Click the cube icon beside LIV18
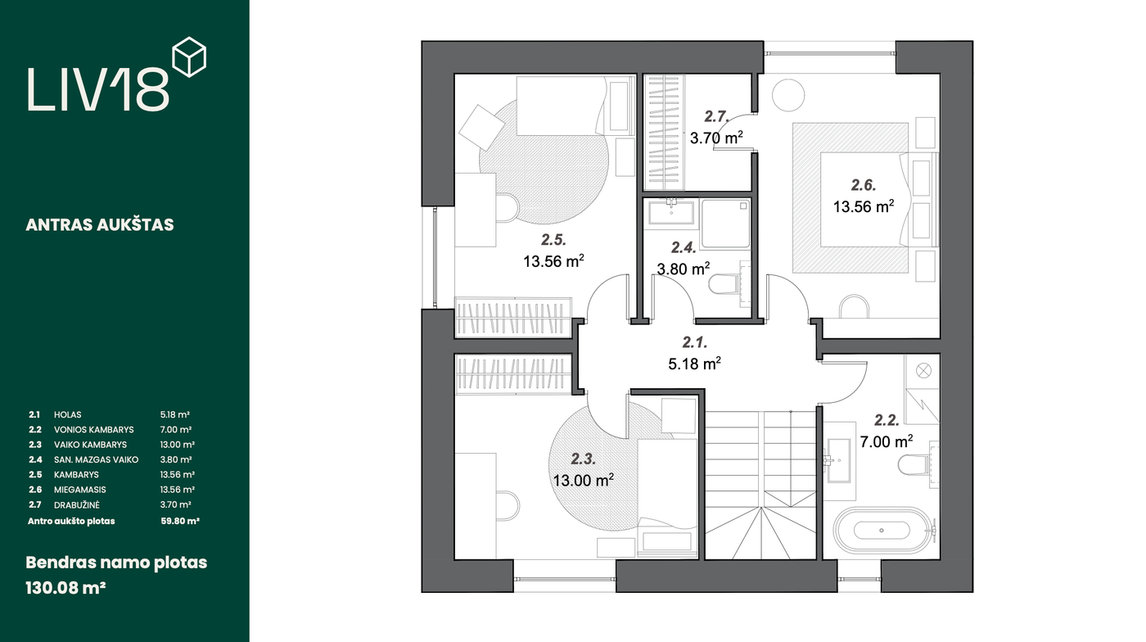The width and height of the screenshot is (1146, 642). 189,57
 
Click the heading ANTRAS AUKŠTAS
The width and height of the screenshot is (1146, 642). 100,224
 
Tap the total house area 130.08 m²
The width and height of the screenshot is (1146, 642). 65,588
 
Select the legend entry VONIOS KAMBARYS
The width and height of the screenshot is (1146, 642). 93,430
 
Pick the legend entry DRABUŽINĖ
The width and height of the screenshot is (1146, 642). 77,504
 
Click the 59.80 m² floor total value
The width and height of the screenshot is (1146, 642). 179,521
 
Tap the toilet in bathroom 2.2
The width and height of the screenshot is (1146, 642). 914,464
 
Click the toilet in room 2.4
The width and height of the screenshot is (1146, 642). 724,284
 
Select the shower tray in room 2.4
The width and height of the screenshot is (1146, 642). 725,224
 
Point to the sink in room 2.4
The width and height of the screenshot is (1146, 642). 671,212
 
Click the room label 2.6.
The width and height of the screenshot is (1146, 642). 864,184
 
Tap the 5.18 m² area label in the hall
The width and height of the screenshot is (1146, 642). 694,364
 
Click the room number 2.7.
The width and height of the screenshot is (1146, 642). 716,116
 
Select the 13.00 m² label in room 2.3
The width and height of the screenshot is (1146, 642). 583,480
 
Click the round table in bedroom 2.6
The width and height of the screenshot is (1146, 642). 787,95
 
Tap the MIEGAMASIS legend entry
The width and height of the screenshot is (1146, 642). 80,490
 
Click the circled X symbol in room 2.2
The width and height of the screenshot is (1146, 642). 923,371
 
